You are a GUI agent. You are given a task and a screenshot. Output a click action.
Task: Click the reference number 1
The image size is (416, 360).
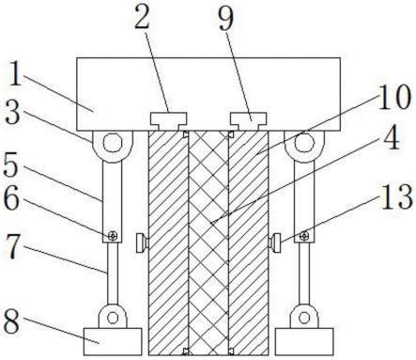click(15, 73)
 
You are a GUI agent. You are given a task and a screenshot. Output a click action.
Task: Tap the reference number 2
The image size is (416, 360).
click(142, 17)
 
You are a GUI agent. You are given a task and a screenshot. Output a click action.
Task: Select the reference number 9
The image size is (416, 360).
click(226, 18)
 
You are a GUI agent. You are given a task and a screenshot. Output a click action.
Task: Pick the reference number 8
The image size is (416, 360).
click(11, 321)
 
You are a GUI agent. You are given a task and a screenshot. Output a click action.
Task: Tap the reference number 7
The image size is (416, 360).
click(13, 248)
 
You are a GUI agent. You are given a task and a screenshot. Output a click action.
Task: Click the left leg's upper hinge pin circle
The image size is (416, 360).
click(113, 143)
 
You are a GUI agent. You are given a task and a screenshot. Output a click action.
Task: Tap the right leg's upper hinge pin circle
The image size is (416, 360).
click(304, 143)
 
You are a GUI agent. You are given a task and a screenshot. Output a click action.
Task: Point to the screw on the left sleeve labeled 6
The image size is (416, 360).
click(113, 236)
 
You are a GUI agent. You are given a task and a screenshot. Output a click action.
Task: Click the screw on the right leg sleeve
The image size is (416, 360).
click(303, 236)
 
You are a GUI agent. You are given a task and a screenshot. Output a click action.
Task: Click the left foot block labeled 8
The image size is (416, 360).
click(113, 341)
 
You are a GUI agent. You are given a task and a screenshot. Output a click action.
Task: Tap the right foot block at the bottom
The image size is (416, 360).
click(304, 341)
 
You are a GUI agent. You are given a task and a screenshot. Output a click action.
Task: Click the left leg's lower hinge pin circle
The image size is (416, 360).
click(113, 318)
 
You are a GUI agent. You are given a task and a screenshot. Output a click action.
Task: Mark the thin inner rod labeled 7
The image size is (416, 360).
click(113, 274)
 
